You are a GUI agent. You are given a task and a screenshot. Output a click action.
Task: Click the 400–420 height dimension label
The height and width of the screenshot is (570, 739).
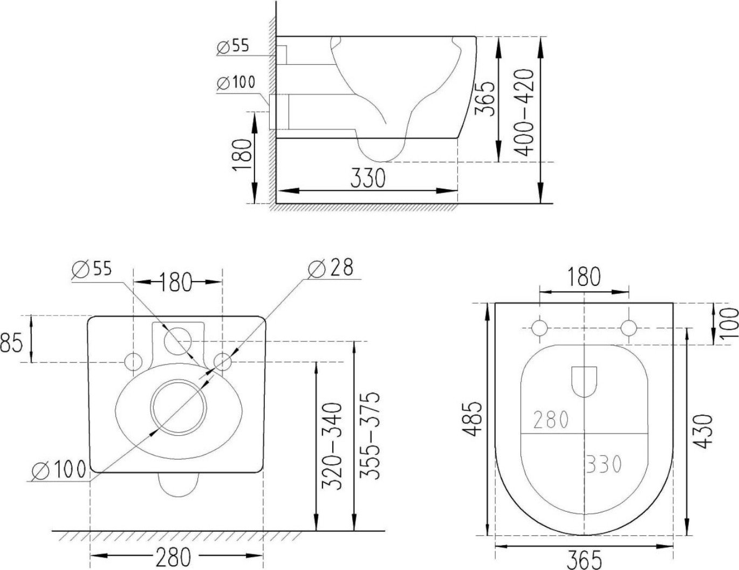pos(524,113)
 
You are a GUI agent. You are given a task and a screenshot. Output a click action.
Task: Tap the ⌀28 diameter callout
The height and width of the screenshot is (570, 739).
pos(331,268)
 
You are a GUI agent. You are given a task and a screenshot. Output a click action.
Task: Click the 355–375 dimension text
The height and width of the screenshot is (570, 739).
pos(369,436)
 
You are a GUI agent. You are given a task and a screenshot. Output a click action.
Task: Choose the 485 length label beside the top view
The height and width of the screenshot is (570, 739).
pos(472,421)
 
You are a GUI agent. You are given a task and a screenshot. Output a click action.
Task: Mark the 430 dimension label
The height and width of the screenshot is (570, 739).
pos(703,431)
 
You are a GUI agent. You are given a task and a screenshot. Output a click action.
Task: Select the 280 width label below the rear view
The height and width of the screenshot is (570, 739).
pos(174,558)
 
